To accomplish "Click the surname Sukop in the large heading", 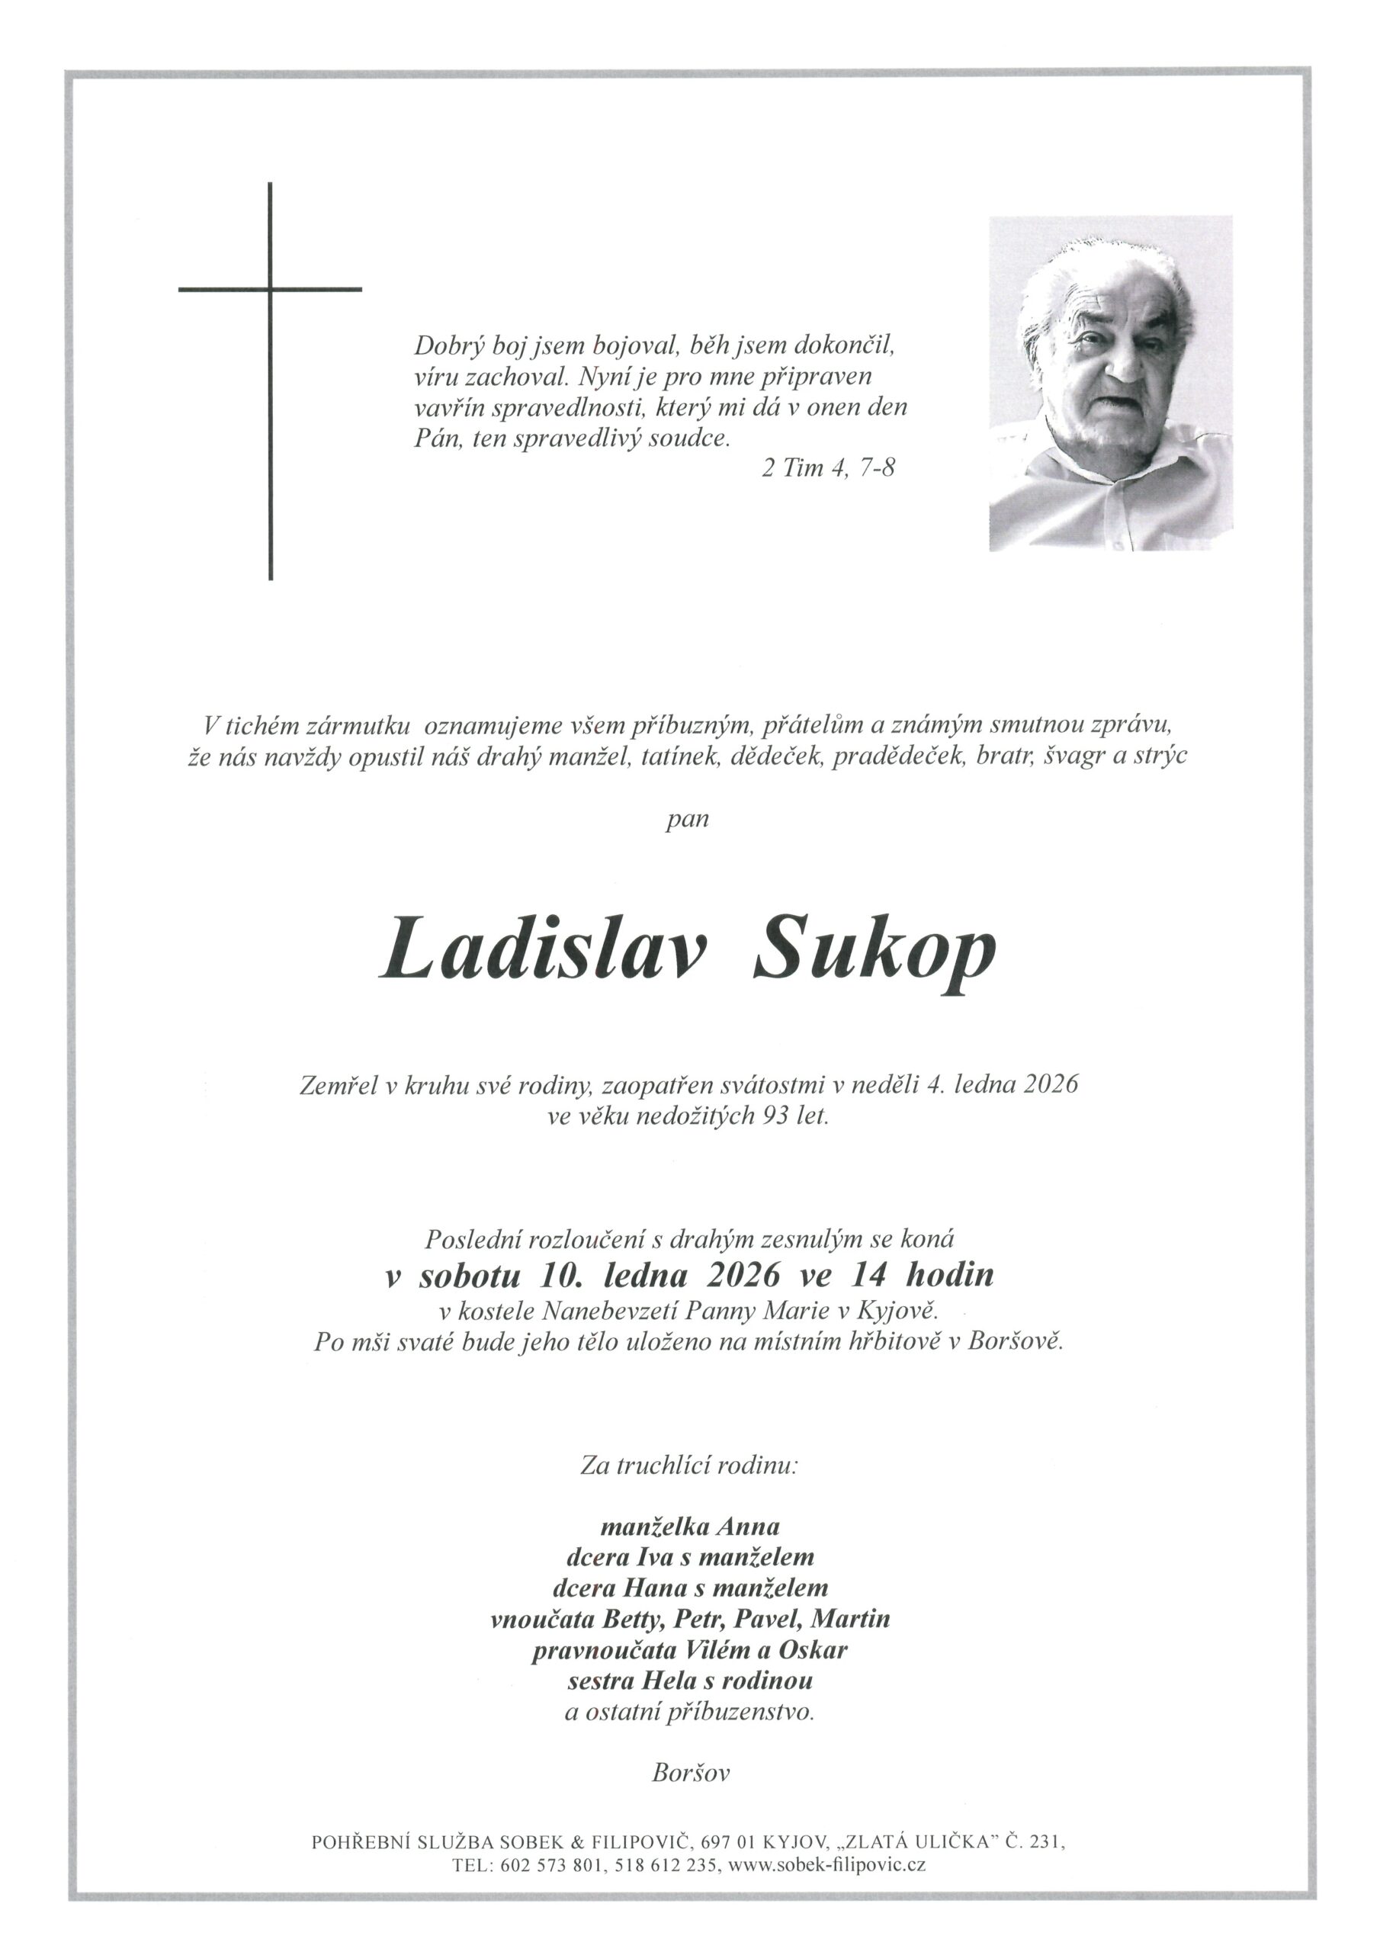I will [x=874, y=952].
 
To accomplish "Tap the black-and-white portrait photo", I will [x=1109, y=384].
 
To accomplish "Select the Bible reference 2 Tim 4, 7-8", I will [x=828, y=468].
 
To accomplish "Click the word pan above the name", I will [x=688, y=821].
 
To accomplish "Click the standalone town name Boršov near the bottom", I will [x=691, y=1773].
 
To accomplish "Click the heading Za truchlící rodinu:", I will [x=689, y=1466].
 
